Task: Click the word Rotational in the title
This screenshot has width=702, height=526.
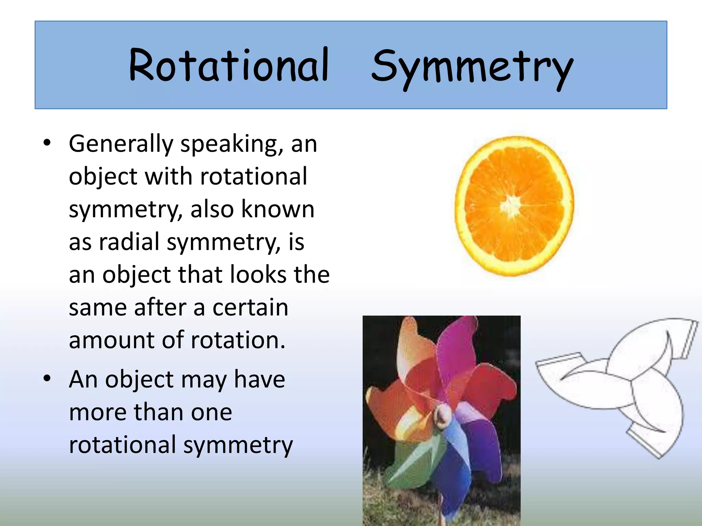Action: (x=229, y=65)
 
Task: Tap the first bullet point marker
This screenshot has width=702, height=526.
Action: (x=47, y=143)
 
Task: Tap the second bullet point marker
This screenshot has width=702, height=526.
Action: (x=47, y=379)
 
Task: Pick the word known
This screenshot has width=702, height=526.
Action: (x=278, y=209)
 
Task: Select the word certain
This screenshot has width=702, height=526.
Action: (x=250, y=307)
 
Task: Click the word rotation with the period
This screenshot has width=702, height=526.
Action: (x=238, y=340)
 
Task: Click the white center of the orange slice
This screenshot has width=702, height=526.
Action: (x=511, y=206)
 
